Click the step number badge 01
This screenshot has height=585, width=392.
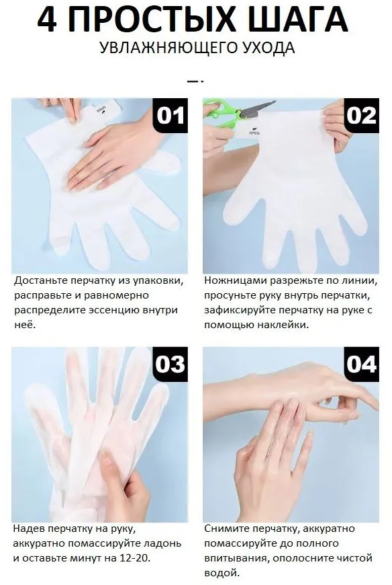point(170,115)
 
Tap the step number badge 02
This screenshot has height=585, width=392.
point(361,115)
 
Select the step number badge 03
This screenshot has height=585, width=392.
point(170,364)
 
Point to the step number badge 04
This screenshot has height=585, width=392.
point(361,364)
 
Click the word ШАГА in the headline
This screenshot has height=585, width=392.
point(298,19)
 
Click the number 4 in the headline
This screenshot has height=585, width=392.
point(47,19)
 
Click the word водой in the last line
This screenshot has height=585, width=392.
point(221,573)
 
